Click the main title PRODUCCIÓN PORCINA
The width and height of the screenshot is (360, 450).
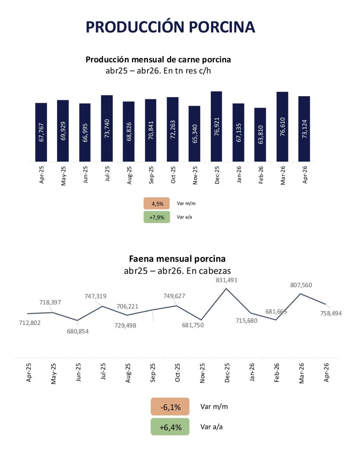(x=170, y=27)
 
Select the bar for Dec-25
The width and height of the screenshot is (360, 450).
(x=216, y=126)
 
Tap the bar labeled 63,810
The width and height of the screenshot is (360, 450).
(x=260, y=134)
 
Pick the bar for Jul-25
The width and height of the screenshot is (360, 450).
(x=107, y=128)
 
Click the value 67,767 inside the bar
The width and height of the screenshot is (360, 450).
(x=41, y=132)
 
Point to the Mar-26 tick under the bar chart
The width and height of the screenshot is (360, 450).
(x=283, y=175)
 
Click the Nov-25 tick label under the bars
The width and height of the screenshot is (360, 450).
(x=195, y=175)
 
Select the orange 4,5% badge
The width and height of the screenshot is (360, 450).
(x=157, y=203)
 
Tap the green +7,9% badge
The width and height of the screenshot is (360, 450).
(x=157, y=217)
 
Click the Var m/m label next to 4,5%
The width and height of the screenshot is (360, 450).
(x=186, y=203)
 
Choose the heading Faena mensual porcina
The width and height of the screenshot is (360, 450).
(x=177, y=259)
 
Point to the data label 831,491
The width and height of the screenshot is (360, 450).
(x=227, y=280)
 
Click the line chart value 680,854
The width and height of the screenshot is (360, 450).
(x=78, y=331)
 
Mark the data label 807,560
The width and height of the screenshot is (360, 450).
(x=301, y=285)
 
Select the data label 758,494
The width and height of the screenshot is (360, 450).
(x=331, y=313)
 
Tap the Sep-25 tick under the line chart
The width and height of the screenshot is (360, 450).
(x=152, y=373)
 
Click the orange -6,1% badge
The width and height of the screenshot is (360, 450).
(x=170, y=406)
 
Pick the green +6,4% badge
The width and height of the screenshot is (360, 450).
(x=170, y=427)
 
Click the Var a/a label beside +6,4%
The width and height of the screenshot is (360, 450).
(x=212, y=427)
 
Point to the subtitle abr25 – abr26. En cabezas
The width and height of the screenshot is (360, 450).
(x=177, y=271)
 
